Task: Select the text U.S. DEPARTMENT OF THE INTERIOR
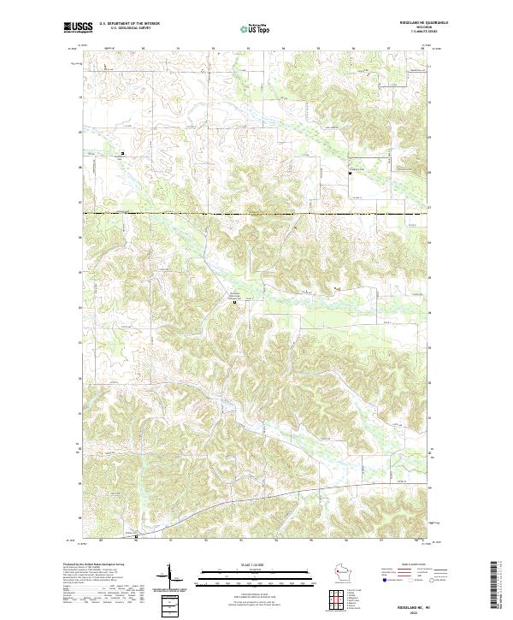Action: (129, 25)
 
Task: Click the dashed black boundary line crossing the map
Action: (256, 213)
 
